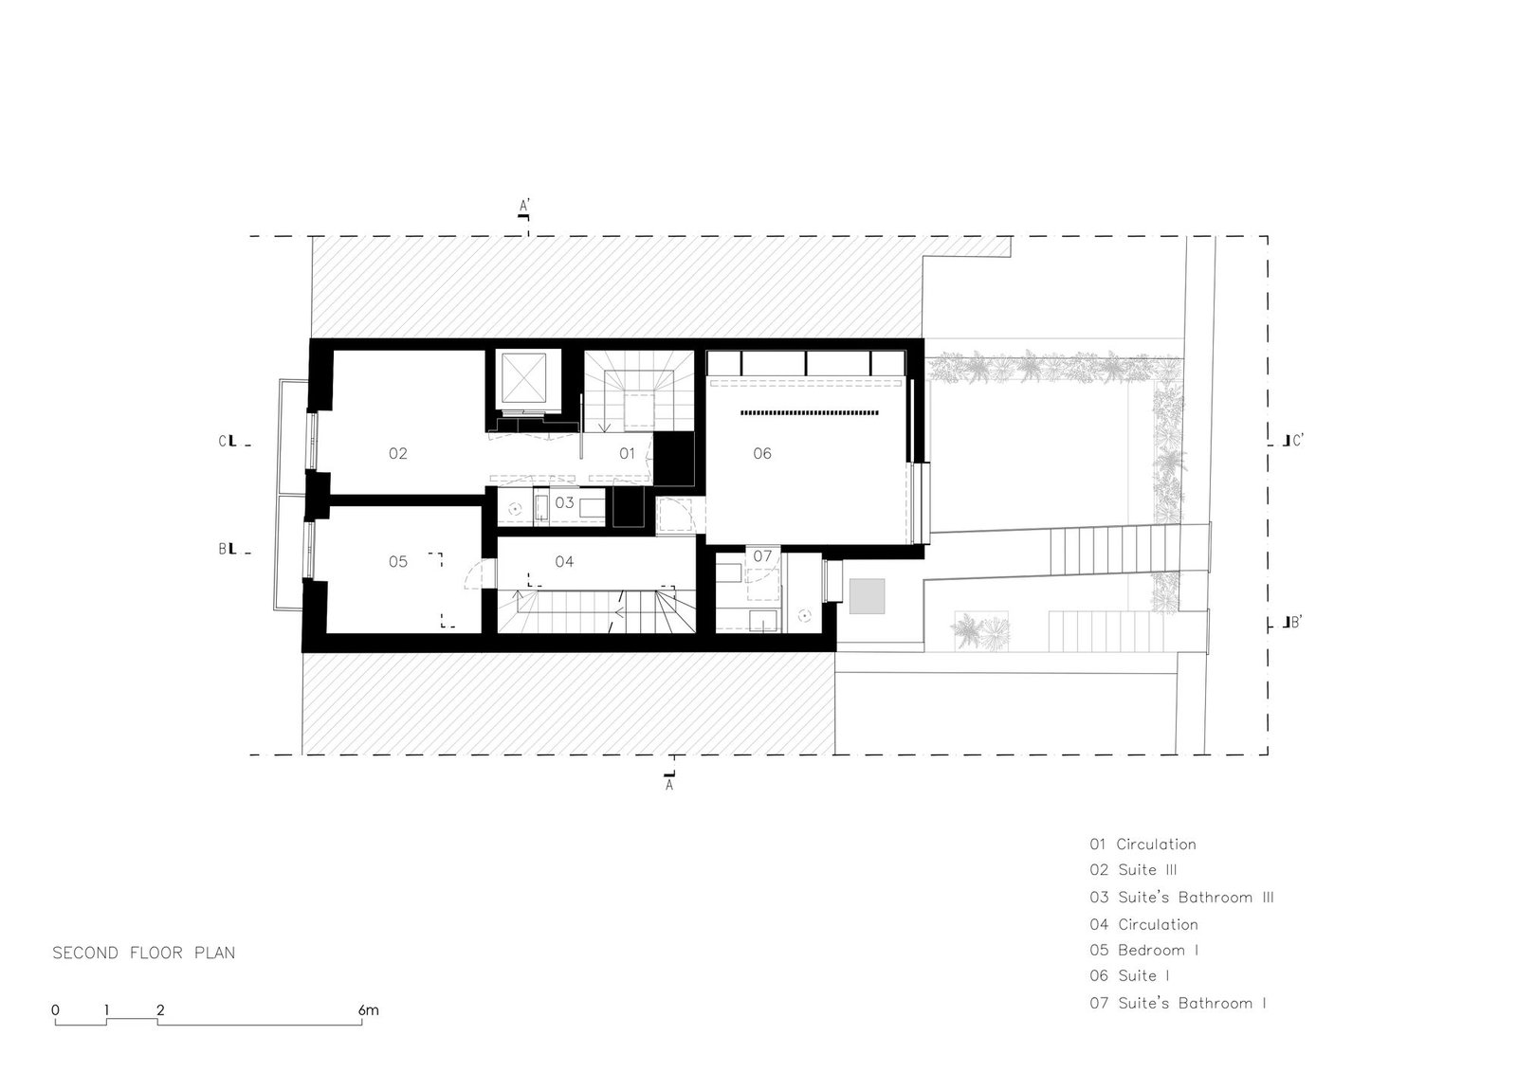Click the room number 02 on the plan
tap(397, 454)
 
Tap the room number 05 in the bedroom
tap(397, 561)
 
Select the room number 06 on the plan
tap(762, 454)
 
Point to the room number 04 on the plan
tap(564, 561)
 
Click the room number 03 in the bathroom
tap(564, 502)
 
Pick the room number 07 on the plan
tap(762, 556)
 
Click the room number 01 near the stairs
tap(627, 454)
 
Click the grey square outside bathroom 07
tap(867, 596)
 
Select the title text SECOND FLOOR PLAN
tap(143, 953)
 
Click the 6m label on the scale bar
tap(369, 1010)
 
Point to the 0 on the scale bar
tap(56, 1010)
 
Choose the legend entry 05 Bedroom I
tap(1143, 950)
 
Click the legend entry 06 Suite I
tap(1129, 976)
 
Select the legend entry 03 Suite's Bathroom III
tap(1181, 898)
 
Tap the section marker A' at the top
tap(524, 205)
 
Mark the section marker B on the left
tap(222, 549)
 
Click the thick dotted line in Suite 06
tap(810, 412)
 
